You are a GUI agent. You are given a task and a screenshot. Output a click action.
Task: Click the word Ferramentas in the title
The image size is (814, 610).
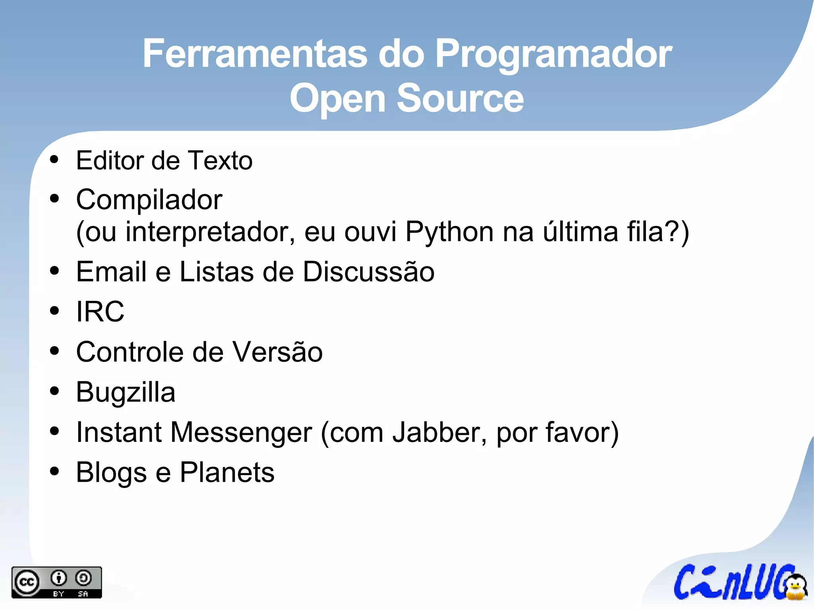255,54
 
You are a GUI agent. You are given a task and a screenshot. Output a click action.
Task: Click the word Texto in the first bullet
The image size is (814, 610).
220,161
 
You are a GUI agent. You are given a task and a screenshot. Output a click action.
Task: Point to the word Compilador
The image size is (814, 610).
149,199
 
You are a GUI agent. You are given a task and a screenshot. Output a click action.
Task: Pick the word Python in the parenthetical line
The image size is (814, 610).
449,232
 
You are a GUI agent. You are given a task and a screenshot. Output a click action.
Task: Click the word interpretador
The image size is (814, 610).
210,232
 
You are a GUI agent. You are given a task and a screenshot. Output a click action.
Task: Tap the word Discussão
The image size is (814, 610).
368,272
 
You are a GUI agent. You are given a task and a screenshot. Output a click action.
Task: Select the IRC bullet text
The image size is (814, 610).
100,312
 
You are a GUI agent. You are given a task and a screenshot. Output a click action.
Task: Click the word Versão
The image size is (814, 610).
277,352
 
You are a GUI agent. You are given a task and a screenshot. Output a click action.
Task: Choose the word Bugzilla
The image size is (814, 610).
126,393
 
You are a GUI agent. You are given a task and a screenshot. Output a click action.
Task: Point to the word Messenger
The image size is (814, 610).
241,433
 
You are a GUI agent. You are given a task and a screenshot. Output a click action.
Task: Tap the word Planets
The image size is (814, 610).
227,473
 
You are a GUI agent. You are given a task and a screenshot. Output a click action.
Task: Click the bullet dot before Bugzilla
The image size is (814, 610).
54,391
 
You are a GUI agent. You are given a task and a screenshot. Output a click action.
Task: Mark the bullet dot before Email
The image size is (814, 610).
54,271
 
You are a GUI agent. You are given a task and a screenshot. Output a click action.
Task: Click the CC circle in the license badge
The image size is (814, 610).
27,583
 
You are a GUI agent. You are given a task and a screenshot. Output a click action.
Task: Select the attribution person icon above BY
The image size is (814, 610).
59,578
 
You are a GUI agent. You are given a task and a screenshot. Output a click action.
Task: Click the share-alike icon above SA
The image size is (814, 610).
83,578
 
